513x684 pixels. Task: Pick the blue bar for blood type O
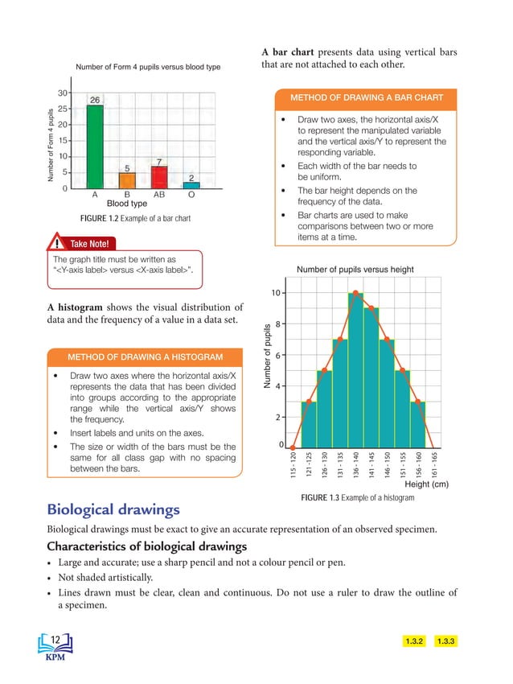tap(191, 185)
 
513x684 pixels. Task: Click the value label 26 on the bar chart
tap(94, 100)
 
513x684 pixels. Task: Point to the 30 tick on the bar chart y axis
tap(62, 93)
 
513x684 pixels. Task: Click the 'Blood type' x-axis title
tap(127, 204)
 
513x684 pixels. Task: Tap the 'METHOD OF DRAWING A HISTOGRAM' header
tap(146, 356)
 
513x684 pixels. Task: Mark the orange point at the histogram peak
tap(355, 293)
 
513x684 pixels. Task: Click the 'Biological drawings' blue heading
tap(113, 509)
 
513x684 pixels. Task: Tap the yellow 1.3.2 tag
tap(414, 641)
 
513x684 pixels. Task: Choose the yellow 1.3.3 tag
tap(445, 641)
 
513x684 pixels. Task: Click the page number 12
tap(55, 639)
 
